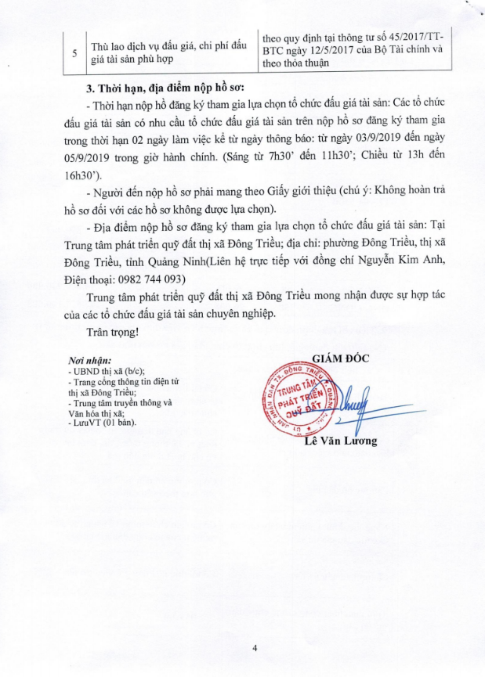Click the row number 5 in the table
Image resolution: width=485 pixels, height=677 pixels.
74,52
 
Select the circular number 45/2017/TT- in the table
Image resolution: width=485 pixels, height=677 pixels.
420,37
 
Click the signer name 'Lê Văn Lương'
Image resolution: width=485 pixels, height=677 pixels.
341,441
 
